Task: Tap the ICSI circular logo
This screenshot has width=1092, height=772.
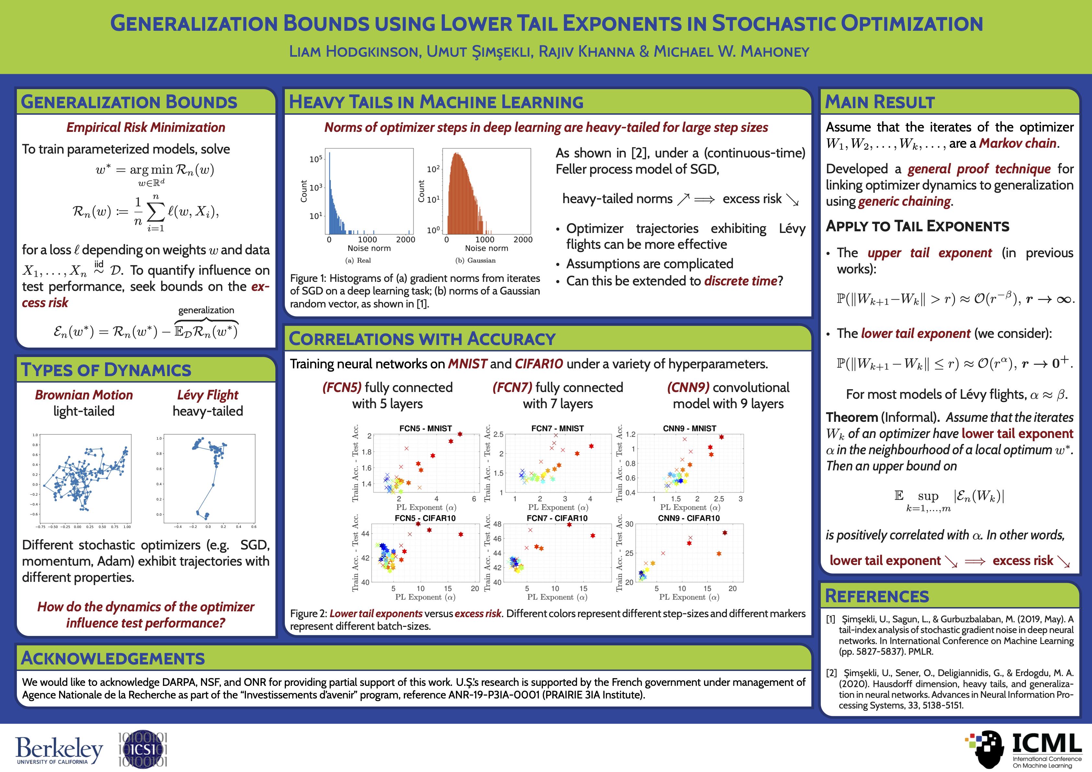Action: pyautogui.click(x=143, y=749)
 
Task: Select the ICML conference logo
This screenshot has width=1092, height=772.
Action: pyautogui.click(x=1023, y=750)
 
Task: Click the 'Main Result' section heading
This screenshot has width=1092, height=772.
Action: pyautogui.click(x=879, y=102)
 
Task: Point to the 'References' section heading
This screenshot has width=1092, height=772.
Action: pyautogui.click(x=877, y=596)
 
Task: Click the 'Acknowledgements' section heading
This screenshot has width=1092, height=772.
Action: pyautogui.click(x=113, y=658)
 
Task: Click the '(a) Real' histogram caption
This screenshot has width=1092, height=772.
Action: pyautogui.click(x=358, y=260)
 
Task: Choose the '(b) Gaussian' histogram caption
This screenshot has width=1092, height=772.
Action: pyautogui.click(x=475, y=260)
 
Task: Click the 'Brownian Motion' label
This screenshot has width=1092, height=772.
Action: pyautogui.click(x=84, y=395)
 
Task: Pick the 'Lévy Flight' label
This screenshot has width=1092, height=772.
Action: pyautogui.click(x=207, y=395)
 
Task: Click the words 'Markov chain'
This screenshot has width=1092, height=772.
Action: pyautogui.click(x=1017, y=143)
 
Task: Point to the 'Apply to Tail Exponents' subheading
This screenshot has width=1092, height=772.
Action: pyautogui.click(x=917, y=226)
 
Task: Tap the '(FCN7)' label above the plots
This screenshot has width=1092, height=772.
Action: pyautogui.click(x=512, y=387)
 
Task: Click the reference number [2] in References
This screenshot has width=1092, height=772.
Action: pyautogui.click(x=831, y=673)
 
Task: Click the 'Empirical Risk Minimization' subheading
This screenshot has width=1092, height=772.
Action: pyautogui.click(x=145, y=127)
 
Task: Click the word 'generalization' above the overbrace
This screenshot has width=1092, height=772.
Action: pyautogui.click(x=206, y=310)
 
